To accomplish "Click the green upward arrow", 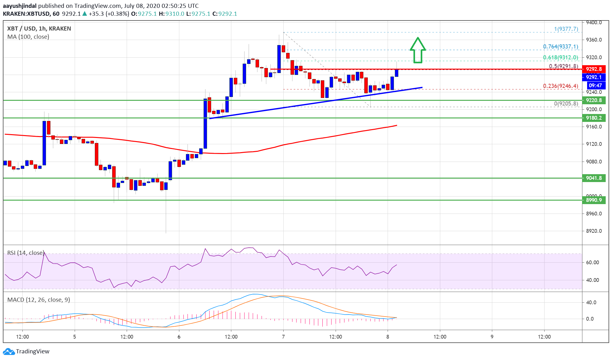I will pos(418,50).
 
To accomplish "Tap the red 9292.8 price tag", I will pos(594,69).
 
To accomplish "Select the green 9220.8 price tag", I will pos(594,100).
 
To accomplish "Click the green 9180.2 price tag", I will pos(594,118).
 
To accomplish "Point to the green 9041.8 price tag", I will pos(594,178).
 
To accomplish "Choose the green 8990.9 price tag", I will pos(594,200).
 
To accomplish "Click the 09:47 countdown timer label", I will pos(595,85).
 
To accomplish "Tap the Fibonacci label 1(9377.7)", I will pos(566,29).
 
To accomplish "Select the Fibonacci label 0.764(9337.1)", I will pos(560,47).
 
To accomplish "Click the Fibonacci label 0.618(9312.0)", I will pos(560,57).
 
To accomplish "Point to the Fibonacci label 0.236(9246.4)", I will pos(560,86).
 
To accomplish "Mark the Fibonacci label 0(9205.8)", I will pos(566,104).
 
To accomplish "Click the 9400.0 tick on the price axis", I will pos(594,23).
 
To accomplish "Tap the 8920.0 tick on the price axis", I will pos(594,231).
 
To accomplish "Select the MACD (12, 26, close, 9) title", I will pos(38,300).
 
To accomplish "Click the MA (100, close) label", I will pos(28,37).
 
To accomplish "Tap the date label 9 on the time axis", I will pos(492,337).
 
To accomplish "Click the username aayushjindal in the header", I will pos(20,6).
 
